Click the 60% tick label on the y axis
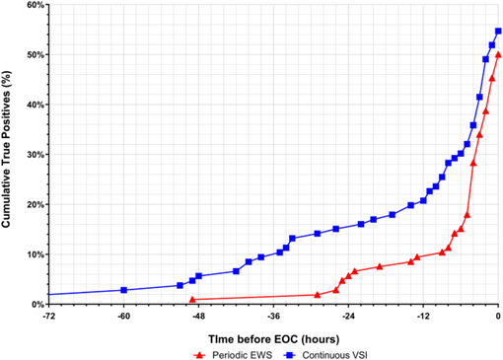point(36,5)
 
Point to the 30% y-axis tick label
point(36,155)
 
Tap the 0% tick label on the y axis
point(37,305)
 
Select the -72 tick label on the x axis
point(48,317)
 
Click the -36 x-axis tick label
point(273,317)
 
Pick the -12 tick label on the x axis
point(423,317)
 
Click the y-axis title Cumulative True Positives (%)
point(6,149)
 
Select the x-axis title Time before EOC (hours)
point(274,339)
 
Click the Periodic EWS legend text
point(243,355)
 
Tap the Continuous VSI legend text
point(335,355)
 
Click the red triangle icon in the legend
point(199,355)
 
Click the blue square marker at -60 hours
point(123,290)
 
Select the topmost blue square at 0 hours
point(498,31)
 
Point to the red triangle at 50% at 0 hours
point(498,54)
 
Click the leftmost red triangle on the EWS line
point(192,300)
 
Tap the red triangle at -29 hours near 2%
point(318,295)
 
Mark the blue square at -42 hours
point(236,271)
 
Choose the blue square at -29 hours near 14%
point(318,234)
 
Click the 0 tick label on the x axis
point(498,317)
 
